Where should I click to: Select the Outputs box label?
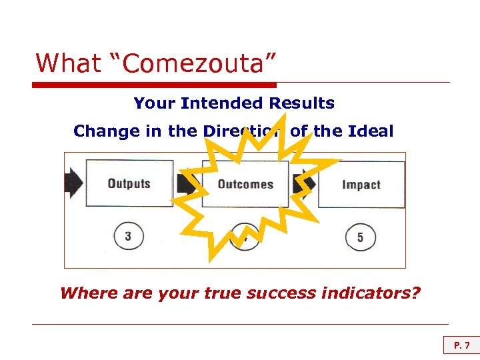pos(129,184)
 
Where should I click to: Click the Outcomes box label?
pos(245,184)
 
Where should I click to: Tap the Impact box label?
pos(361,185)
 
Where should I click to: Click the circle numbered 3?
pos(128,237)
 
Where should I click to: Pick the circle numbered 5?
pos(360,237)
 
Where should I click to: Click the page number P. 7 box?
pos(461,345)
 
